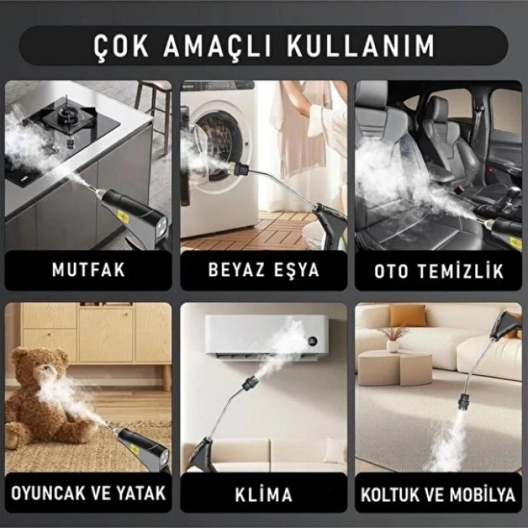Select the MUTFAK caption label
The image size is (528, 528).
[x=88, y=270]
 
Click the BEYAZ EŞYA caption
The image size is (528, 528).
[x=263, y=270]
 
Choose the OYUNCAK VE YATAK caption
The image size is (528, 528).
[x=88, y=494]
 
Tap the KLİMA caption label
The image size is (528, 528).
[x=263, y=495]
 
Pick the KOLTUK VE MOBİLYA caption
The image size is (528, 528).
[x=439, y=495]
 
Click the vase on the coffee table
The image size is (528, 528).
[x=392, y=344]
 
